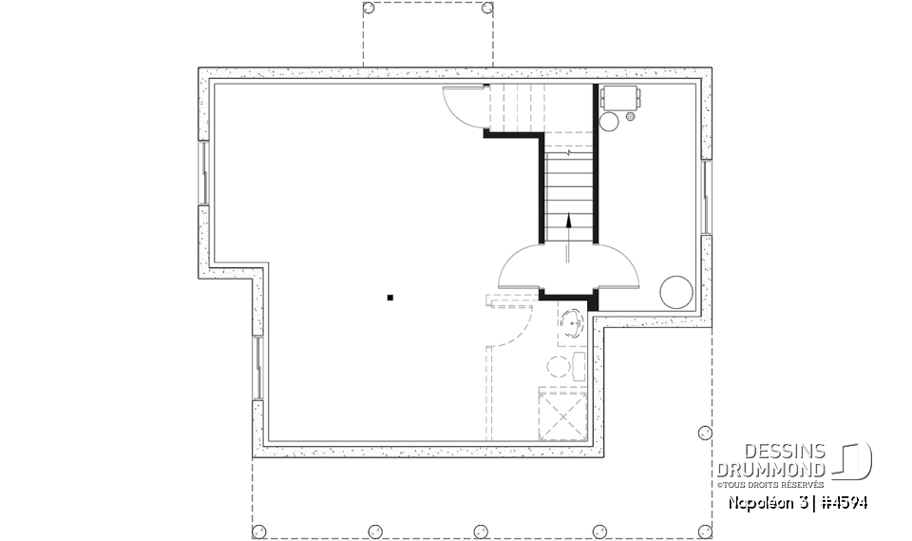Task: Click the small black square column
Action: click(x=389, y=299)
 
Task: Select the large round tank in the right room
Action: click(x=675, y=290)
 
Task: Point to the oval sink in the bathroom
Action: click(x=572, y=322)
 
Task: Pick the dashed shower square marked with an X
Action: click(x=562, y=414)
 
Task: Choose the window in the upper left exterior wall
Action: click(x=203, y=173)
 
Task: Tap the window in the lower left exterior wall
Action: click(x=257, y=365)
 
